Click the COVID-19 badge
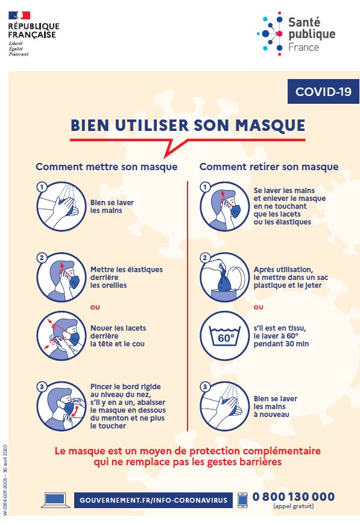[x=323, y=91]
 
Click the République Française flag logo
[x=19, y=16]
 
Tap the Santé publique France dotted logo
[x=270, y=33]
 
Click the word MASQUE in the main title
[x=270, y=126]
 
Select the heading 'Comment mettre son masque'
[x=107, y=167]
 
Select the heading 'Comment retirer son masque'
[x=269, y=167]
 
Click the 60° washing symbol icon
[x=225, y=336]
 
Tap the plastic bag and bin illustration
[x=225, y=277]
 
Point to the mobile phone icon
[x=242, y=500]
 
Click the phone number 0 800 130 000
[x=294, y=497]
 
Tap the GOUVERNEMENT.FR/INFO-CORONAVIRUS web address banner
[x=153, y=500]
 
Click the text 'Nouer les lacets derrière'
[x=118, y=332]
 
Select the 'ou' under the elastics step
[x=95, y=307]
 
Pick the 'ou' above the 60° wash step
[x=258, y=307]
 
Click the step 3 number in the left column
[x=42, y=387]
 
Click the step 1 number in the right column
[x=205, y=187]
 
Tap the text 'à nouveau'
[x=271, y=415]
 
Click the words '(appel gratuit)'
[x=294, y=506]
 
